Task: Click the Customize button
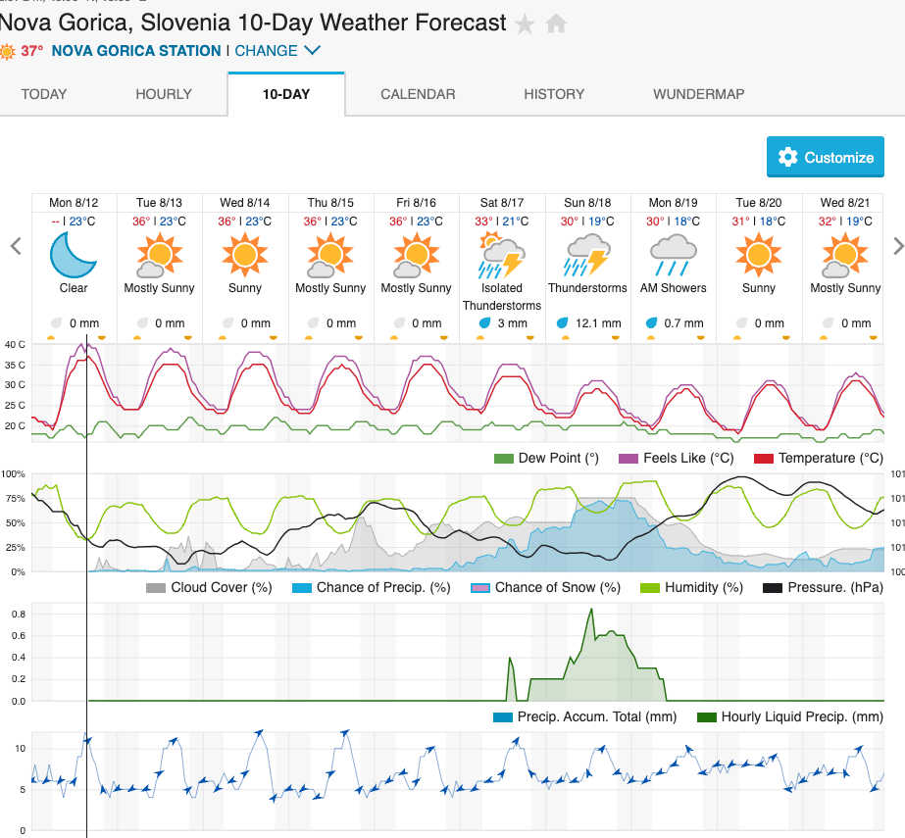826,157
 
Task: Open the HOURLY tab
164,94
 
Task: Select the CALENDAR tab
418,94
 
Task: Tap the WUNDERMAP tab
698,94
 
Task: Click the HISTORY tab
554,94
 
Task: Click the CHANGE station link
277,51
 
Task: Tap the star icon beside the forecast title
526,24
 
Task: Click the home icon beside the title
556,24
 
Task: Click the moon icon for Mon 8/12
74,255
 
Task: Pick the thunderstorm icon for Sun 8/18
587,255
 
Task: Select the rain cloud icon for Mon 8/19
673,255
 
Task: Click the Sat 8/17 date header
502,203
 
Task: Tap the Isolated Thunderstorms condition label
502,296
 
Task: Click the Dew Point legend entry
546,458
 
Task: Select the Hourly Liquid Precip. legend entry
789,717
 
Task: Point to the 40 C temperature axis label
15,344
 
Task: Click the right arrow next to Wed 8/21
897,245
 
